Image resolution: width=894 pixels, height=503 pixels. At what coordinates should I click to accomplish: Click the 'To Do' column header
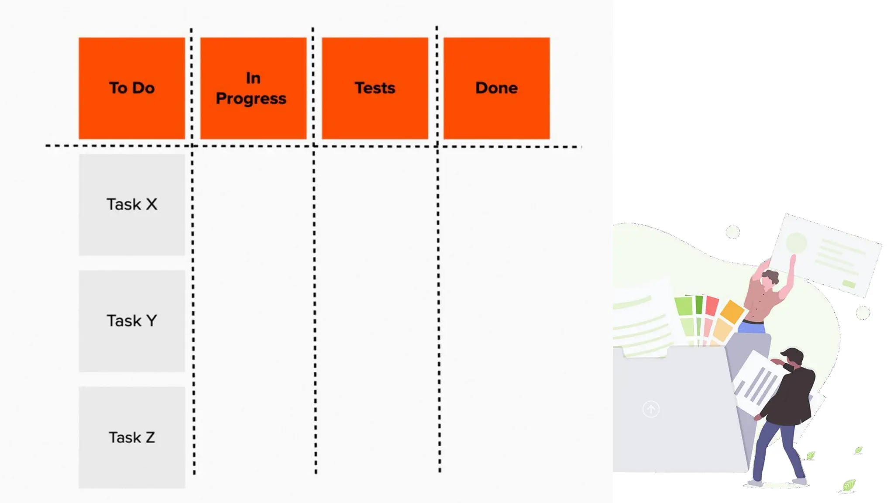132,88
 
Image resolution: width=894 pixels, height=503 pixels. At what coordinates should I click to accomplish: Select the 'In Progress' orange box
253,88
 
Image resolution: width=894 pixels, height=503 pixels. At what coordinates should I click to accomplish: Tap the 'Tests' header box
375,88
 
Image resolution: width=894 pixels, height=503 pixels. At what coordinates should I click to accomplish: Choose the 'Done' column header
497,88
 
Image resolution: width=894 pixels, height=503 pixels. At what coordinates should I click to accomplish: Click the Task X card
132,205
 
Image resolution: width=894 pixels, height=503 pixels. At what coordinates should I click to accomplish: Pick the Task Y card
132,321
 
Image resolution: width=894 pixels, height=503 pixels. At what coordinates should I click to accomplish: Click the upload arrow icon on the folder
651,409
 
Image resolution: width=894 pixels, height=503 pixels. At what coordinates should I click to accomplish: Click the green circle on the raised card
796,242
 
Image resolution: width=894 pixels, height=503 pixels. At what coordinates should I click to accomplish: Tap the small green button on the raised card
849,284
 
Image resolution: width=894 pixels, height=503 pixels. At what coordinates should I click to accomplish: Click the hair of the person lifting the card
771,276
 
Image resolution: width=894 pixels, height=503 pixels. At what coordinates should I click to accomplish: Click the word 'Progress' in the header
251,99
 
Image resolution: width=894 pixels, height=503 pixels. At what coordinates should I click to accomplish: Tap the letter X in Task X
151,204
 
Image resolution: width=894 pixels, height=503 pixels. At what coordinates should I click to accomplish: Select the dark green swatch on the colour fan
699,304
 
